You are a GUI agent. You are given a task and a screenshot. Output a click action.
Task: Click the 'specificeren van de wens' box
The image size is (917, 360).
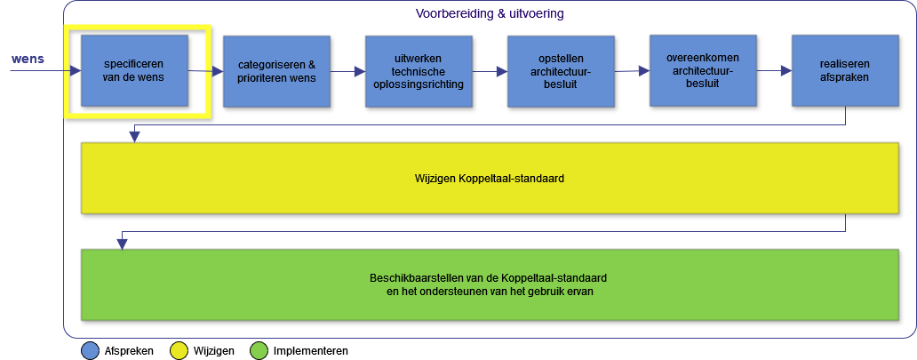[x=134, y=71]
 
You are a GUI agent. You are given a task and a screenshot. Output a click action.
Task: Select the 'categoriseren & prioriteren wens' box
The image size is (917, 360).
[x=276, y=71]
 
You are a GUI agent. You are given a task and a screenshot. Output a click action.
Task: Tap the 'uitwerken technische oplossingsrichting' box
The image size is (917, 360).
[x=419, y=71]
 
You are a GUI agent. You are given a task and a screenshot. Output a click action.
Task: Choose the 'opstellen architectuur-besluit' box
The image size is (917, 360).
[x=561, y=71]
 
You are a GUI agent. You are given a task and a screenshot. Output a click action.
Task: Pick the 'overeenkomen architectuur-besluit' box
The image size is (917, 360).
[x=703, y=70]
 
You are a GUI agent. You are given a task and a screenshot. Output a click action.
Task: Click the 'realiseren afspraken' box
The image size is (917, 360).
[x=844, y=71]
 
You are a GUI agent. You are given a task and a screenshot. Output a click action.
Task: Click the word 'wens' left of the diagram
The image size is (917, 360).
[x=28, y=60]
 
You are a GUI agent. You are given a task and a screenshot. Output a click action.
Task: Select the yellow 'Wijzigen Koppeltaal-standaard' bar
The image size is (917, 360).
[x=490, y=178]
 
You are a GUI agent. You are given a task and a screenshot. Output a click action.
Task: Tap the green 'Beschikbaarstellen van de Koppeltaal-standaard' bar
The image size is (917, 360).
[x=490, y=284]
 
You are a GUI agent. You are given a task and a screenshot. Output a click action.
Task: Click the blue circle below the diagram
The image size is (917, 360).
[x=90, y=350]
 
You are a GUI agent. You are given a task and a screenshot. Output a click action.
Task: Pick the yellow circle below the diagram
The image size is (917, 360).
[x=179, y=350]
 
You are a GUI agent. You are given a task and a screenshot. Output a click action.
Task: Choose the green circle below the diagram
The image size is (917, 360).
[x=259, y=350]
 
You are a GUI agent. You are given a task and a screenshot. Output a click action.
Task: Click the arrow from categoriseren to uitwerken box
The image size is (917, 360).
[x=347, y=72]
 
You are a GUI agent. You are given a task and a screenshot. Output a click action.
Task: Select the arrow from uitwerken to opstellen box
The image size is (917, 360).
[x=490, y=72]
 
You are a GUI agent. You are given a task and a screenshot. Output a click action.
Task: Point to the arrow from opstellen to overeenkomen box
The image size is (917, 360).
[x=632, y=71]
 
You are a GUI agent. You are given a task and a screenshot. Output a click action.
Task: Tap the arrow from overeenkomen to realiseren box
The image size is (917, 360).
[x=774, y=71]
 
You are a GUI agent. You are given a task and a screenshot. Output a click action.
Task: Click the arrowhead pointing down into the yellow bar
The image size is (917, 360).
[x=134, y=137]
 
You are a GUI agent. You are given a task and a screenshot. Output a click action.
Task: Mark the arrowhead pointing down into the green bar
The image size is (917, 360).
[x=121, y=244]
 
